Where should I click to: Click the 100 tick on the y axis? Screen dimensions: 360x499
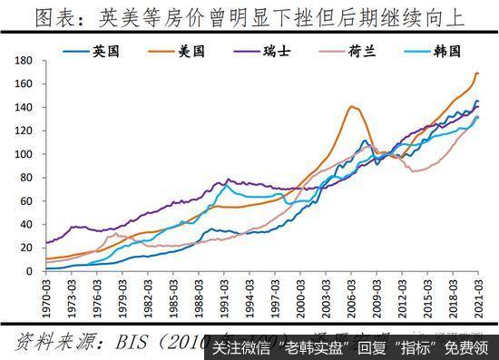pos(24,152)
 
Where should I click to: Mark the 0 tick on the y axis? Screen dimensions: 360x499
pos(30,268)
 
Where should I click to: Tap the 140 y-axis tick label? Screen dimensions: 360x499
pos(24,106)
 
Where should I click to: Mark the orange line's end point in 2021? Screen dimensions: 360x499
pos(478,73)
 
